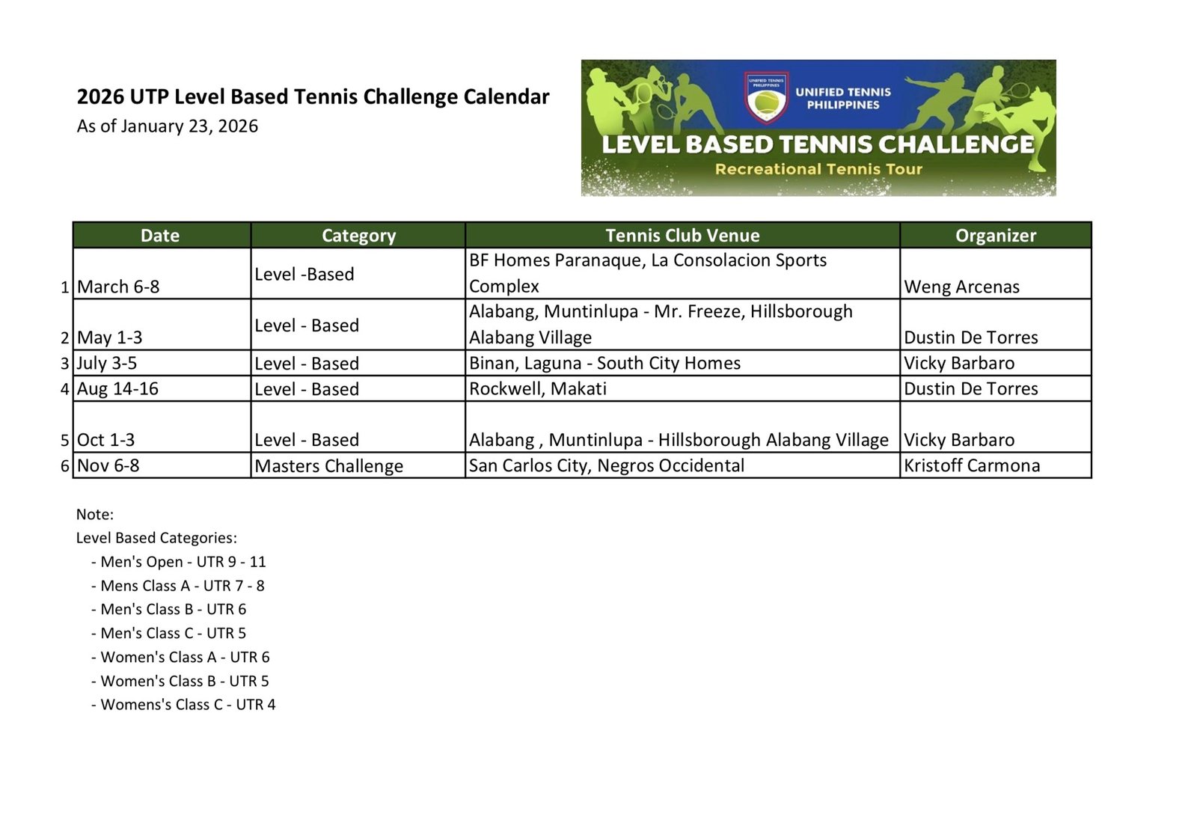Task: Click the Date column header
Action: pos(160,236)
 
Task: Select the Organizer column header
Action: pos(995,236)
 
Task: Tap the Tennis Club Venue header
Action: pos(682,236)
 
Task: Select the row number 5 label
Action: pos(66,440)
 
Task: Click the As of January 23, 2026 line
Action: pos(167,126)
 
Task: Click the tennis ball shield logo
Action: pos(765,98)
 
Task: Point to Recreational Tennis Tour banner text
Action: pos(818,169)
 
